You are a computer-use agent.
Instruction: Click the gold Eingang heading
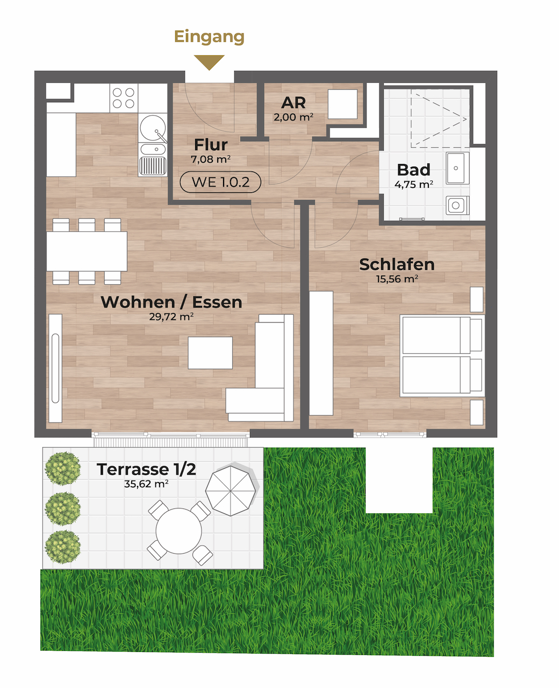209,37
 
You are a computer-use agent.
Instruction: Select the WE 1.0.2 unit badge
220,182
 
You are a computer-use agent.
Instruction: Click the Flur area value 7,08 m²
211,159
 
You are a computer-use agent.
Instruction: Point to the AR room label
293,103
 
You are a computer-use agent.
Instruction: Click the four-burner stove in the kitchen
124,98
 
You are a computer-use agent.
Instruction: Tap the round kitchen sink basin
153,127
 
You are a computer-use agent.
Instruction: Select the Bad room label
413,169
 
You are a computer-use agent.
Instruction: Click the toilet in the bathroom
457,205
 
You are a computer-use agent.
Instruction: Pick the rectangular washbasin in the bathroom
457,168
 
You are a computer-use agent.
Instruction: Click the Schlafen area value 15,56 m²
397,278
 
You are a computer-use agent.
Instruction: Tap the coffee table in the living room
210,353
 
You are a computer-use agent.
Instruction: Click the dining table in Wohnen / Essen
87,252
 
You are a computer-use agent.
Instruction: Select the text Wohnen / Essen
171,302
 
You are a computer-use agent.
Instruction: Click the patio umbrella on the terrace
231,490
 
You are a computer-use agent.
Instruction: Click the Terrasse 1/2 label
146,469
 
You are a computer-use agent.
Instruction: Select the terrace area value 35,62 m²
146,484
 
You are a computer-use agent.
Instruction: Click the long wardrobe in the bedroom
321,353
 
